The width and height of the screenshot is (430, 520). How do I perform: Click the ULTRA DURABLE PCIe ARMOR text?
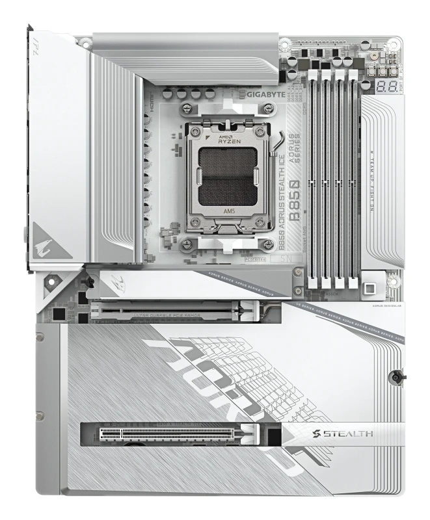tap(166, 315)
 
